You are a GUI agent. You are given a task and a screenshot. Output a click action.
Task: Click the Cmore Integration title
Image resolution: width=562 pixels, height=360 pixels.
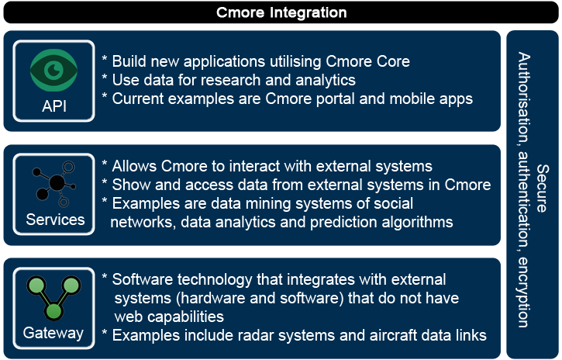281,12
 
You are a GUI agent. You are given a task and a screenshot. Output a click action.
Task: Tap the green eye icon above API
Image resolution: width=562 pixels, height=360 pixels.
53,71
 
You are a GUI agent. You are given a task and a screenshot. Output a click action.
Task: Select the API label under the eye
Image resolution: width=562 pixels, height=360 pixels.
54,106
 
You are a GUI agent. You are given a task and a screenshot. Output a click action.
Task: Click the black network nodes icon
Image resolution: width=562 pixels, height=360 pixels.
54,185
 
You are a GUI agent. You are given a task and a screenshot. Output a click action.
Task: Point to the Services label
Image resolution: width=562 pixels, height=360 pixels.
55,220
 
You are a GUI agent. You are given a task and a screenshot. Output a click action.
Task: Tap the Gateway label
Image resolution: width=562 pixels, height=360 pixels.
53,333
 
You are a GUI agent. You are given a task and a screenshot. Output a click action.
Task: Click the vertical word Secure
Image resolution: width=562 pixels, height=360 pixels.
543,189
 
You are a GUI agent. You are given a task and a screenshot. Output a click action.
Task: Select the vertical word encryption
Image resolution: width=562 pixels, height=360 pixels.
523,292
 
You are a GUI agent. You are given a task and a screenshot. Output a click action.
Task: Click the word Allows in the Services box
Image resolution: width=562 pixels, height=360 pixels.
134,166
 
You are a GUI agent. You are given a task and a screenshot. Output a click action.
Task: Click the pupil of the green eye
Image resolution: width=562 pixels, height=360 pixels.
54,71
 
